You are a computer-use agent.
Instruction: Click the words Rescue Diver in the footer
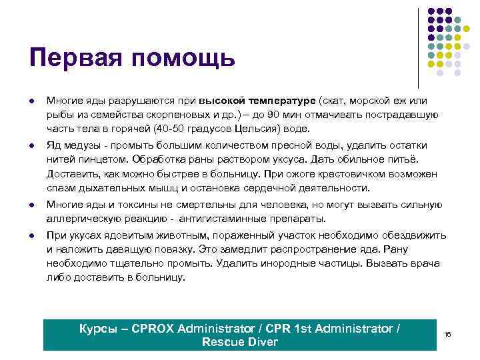pos(239,343)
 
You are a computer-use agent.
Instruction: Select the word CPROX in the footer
pos(155,329)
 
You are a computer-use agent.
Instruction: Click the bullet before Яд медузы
pos(32,146)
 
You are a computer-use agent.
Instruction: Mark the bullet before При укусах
pos(32,237)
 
